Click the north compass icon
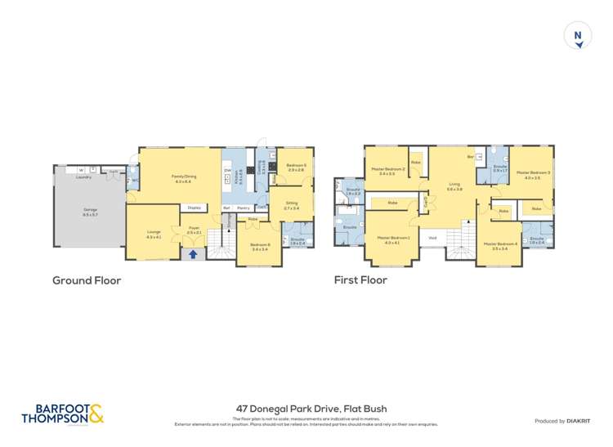578,36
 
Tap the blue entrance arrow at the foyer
193,254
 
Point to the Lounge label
154,235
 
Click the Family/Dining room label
182,178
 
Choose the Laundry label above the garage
83,177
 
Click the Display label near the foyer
195,208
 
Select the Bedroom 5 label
298,168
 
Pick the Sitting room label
292,206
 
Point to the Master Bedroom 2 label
387,171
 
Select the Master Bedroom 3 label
533,174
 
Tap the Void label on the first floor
432,238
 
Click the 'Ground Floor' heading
87,280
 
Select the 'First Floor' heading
360,280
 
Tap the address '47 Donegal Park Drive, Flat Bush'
311,409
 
